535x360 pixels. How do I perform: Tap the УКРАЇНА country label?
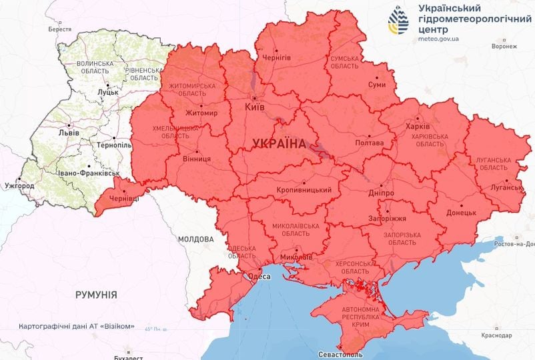click(x=280, y=143)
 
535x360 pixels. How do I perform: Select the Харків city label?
click(x=418, y=125)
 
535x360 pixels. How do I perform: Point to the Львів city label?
click(x=69, y=133)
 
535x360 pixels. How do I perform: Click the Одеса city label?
click(x=259, y=276)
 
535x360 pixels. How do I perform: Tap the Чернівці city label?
click(x=124, y=198)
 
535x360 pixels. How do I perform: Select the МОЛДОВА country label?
click(x=195, y=239)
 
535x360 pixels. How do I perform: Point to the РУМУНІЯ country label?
click(x=96, y=294)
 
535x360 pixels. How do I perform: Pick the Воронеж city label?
click(x=504, y=47)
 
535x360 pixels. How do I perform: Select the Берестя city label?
click(x=59, y=30)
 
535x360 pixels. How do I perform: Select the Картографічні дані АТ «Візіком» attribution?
click(x=77, y=327)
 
